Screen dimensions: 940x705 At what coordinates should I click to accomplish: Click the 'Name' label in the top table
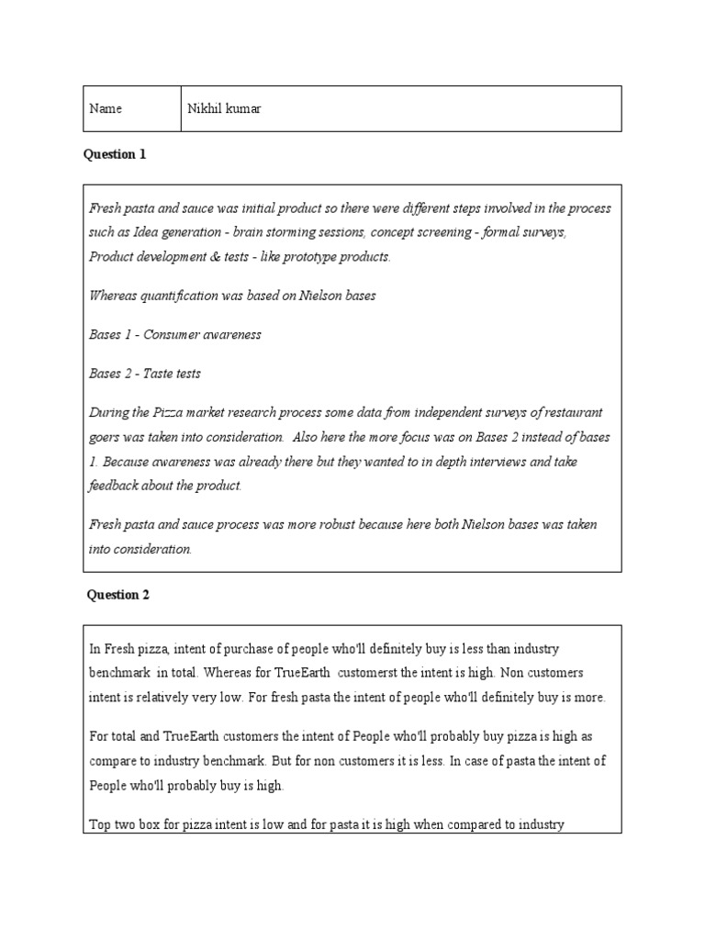point(106,109)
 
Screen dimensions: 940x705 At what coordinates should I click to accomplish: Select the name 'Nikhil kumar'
point(223,109)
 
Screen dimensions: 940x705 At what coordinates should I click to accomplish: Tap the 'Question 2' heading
point(118,595)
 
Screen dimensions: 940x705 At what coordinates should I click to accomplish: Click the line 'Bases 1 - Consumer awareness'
point(174,334)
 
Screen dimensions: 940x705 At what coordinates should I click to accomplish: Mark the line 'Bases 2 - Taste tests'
point(144,374)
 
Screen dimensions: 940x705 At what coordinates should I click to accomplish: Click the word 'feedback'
point(114,485)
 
